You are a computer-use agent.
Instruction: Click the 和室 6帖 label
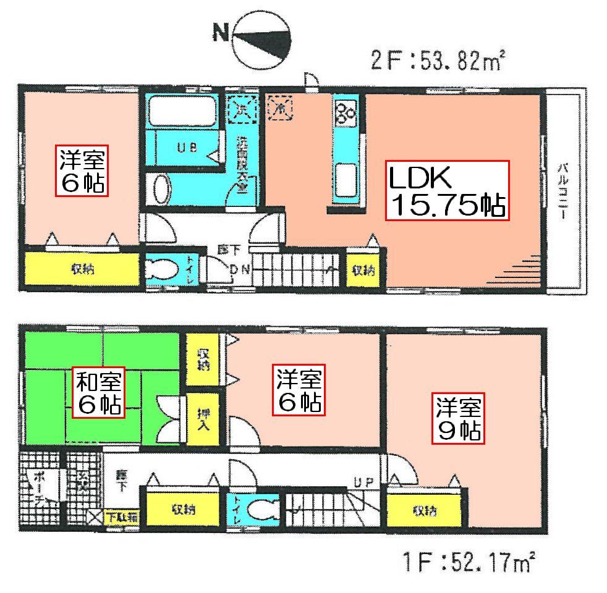tap(99, 392)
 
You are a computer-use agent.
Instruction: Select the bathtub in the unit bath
tap(182, 112)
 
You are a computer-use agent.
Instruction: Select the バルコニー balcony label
tap(562, 185)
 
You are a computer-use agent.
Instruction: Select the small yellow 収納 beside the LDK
tap(363, 270)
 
